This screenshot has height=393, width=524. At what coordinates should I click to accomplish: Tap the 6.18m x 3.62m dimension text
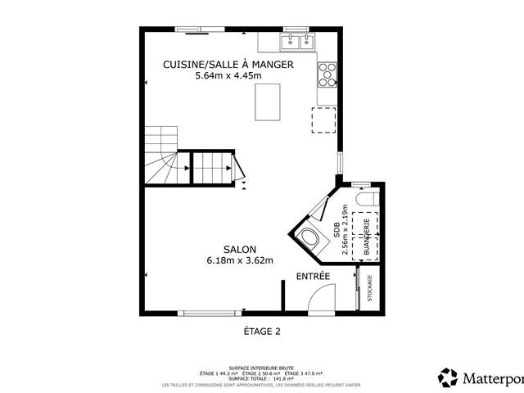(240, 260)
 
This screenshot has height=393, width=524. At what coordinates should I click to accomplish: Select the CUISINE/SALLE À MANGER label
(228, 65)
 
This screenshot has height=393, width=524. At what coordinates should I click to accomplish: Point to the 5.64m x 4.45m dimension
(228, 76)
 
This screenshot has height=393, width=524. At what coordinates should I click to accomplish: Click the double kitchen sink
(297, 40)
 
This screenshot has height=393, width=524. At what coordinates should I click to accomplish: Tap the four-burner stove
(327, 74)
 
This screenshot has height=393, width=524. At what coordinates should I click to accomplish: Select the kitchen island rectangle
(268, 102)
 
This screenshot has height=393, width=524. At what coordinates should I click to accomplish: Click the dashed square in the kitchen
(324, 119)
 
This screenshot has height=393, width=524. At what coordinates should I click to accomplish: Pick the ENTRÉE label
(313, 277)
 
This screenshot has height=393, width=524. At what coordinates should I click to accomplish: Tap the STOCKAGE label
(370, 288)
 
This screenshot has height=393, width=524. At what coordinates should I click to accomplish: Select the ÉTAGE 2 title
(262, 332)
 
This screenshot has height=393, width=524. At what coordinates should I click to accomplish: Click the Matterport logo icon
(448, 377)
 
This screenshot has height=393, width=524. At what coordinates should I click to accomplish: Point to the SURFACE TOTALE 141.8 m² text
(262, 378)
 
